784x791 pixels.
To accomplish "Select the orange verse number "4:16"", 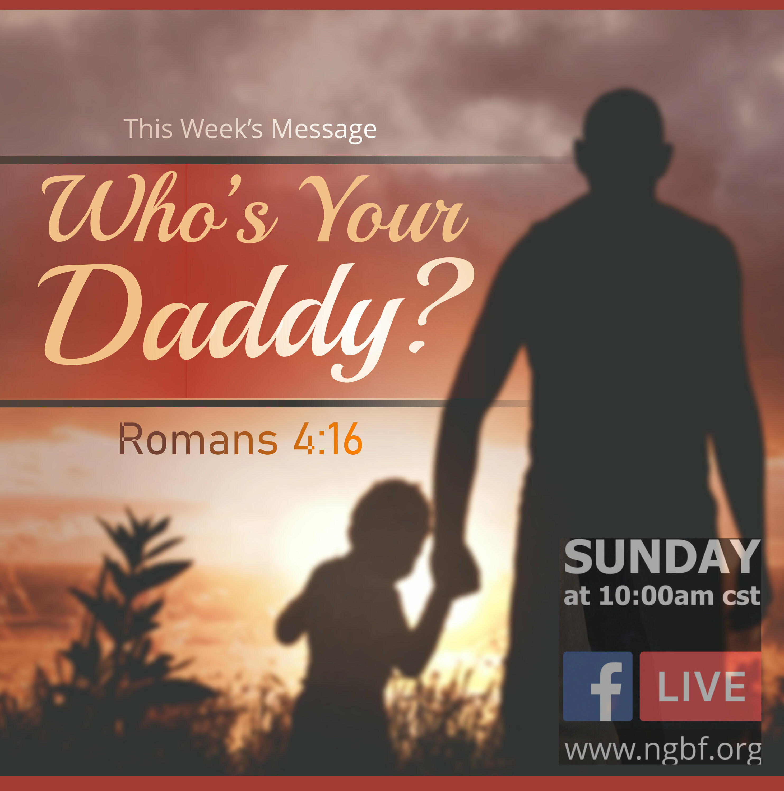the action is click(x=328, y=439).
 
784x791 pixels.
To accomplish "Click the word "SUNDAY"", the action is click(x=662, y=557).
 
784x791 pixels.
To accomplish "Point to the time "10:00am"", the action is click(x=657, y=596).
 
